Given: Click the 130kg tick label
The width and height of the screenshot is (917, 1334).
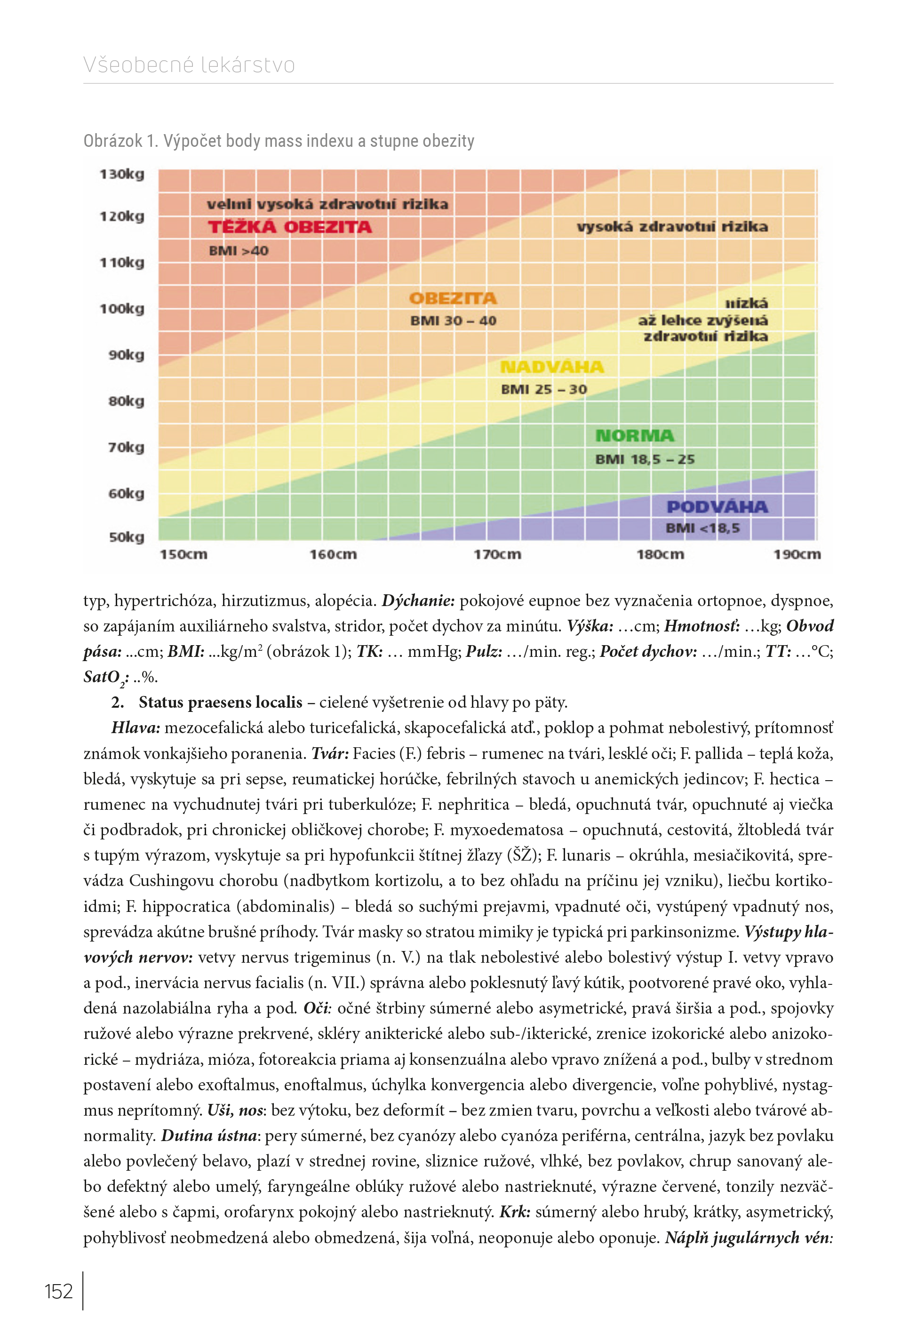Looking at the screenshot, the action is [x=122, y=175].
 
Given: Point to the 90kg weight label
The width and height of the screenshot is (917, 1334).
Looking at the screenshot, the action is [x=127, y=355].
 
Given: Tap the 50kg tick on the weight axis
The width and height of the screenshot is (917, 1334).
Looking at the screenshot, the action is [x=127, y=538].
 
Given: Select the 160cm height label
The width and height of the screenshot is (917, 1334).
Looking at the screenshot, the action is [x=333, y=554].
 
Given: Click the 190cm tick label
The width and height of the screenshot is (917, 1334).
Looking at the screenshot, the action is [x=797, y=554].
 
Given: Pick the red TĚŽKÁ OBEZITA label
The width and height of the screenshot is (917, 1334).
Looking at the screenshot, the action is [x=290, y=227].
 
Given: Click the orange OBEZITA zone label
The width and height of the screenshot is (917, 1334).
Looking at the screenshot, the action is [x=454, y=299].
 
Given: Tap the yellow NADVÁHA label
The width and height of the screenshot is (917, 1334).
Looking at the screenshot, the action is [x=552, y=367].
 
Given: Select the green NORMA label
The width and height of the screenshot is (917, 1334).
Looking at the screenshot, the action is [x=635, y=436].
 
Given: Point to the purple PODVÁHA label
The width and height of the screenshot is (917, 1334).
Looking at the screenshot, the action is [x=717, y=507].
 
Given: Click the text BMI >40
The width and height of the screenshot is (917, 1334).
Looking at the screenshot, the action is [x=239, y=251].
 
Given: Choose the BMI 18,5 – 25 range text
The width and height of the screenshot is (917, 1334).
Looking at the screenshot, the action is [x=645, y=460].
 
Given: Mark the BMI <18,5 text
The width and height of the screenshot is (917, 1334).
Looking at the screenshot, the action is [x=703, y=528].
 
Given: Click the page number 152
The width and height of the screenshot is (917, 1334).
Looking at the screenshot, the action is [x=59, y=1292].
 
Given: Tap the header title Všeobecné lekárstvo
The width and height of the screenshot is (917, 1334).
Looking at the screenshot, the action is [x=189, y=65].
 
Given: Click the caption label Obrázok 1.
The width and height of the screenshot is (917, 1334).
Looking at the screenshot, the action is [x=120, y=141].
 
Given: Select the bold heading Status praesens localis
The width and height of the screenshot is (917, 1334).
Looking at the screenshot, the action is [x=221, y=702].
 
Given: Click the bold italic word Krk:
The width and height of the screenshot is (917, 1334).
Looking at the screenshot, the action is [x=515, y=1212].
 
